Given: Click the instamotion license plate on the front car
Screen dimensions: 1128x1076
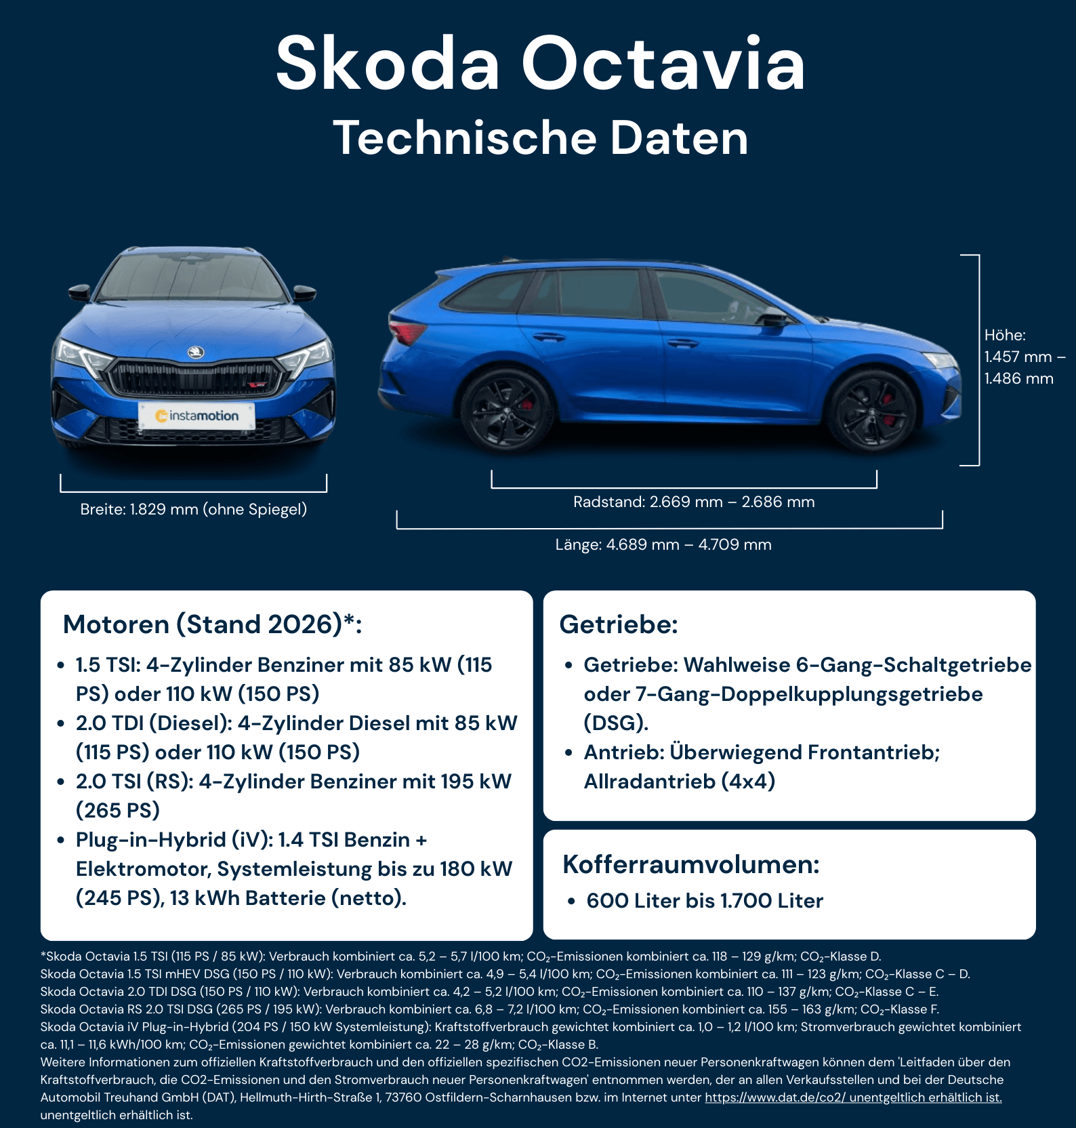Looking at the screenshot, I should (196, 416).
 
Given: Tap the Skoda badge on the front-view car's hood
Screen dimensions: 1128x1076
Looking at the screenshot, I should (196, 352).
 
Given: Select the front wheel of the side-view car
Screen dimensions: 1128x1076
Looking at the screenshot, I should (872, 411).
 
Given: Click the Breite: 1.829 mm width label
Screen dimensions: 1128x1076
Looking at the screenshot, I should (193, 509).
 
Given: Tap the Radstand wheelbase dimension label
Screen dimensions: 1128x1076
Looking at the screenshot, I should (694, 502).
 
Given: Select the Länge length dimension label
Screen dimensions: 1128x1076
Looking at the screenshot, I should (663, 544).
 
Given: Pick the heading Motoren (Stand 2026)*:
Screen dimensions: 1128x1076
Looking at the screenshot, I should (212, 624).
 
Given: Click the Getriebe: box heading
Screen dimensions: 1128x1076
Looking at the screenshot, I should (619, 624).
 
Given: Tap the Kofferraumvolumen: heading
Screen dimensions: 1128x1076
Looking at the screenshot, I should (691, 864).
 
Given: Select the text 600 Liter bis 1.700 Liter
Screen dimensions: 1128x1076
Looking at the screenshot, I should (705, 900).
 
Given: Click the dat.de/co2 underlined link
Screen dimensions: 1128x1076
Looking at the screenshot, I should (853, 1097).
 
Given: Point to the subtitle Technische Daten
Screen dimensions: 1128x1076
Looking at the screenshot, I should (540, 138).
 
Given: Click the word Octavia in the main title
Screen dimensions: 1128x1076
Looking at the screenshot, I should (663, 63).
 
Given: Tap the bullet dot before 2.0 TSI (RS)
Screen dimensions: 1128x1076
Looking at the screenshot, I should (61, 782).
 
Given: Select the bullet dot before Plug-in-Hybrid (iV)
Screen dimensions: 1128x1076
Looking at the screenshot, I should (61, 840).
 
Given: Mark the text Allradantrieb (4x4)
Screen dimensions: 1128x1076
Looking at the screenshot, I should (680, 781).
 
